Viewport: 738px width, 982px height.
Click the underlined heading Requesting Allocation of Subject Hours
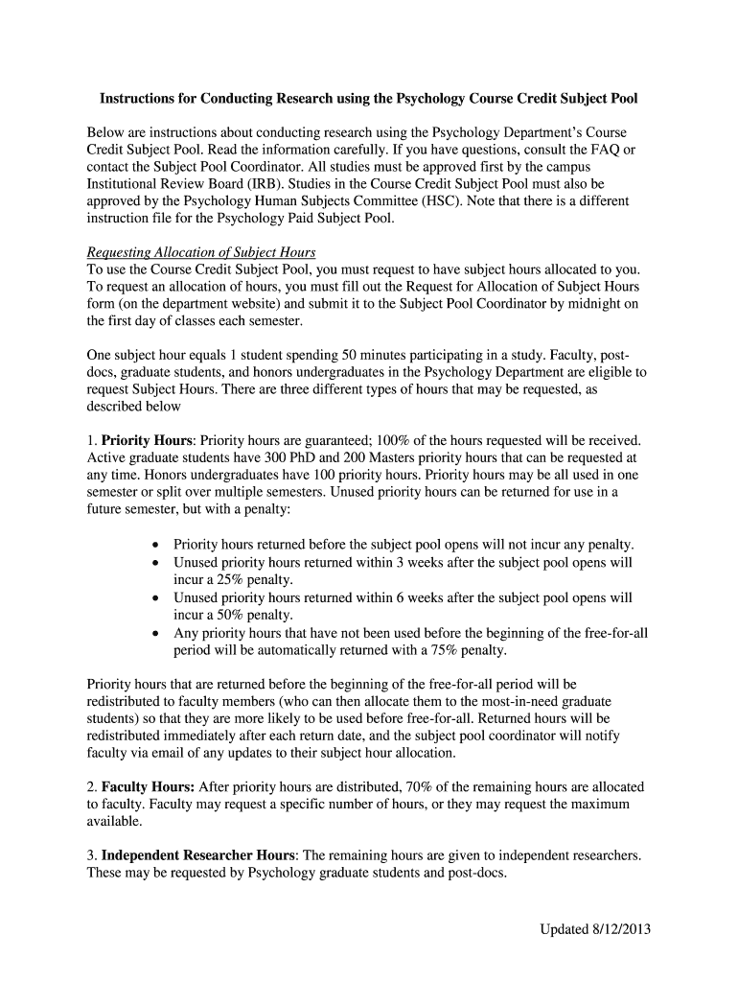[201, 252]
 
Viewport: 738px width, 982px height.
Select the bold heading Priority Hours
[146, 442]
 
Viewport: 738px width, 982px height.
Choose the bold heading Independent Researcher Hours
[199, 855]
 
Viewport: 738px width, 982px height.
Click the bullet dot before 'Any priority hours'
[156, 633]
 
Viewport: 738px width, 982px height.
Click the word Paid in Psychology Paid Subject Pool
[300, 218]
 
